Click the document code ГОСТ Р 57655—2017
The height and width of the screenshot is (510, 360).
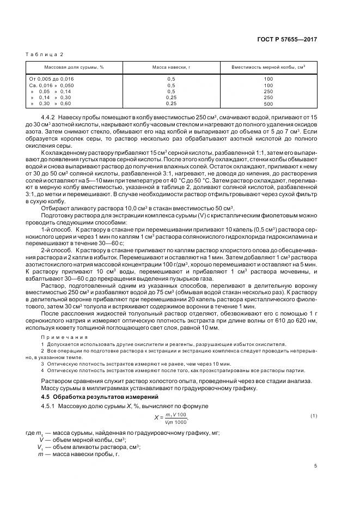(x=293, y=40)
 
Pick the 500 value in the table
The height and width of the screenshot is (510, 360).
(x=268, y=104)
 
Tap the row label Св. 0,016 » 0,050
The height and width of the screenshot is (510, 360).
(x=51, y=85)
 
